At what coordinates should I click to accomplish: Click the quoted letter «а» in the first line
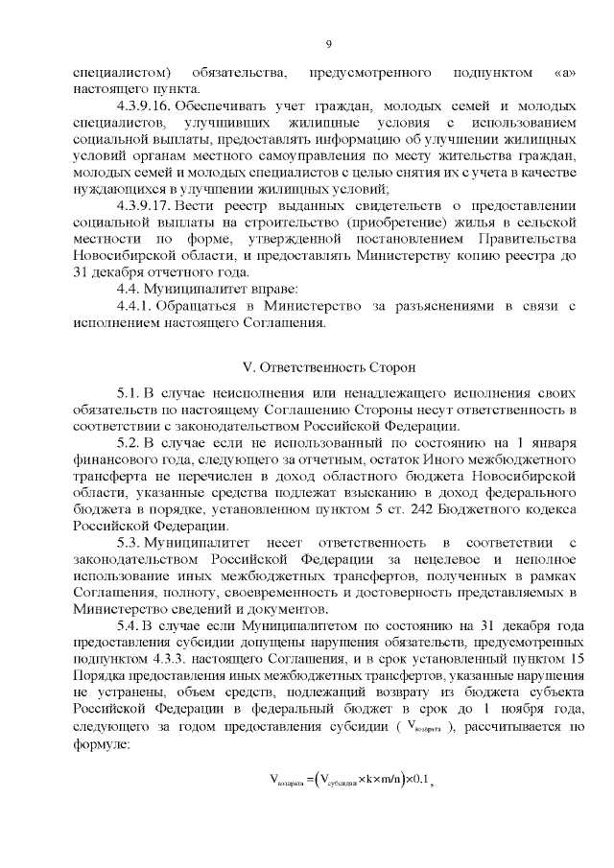pyautogui.click(x=565, y=73)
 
